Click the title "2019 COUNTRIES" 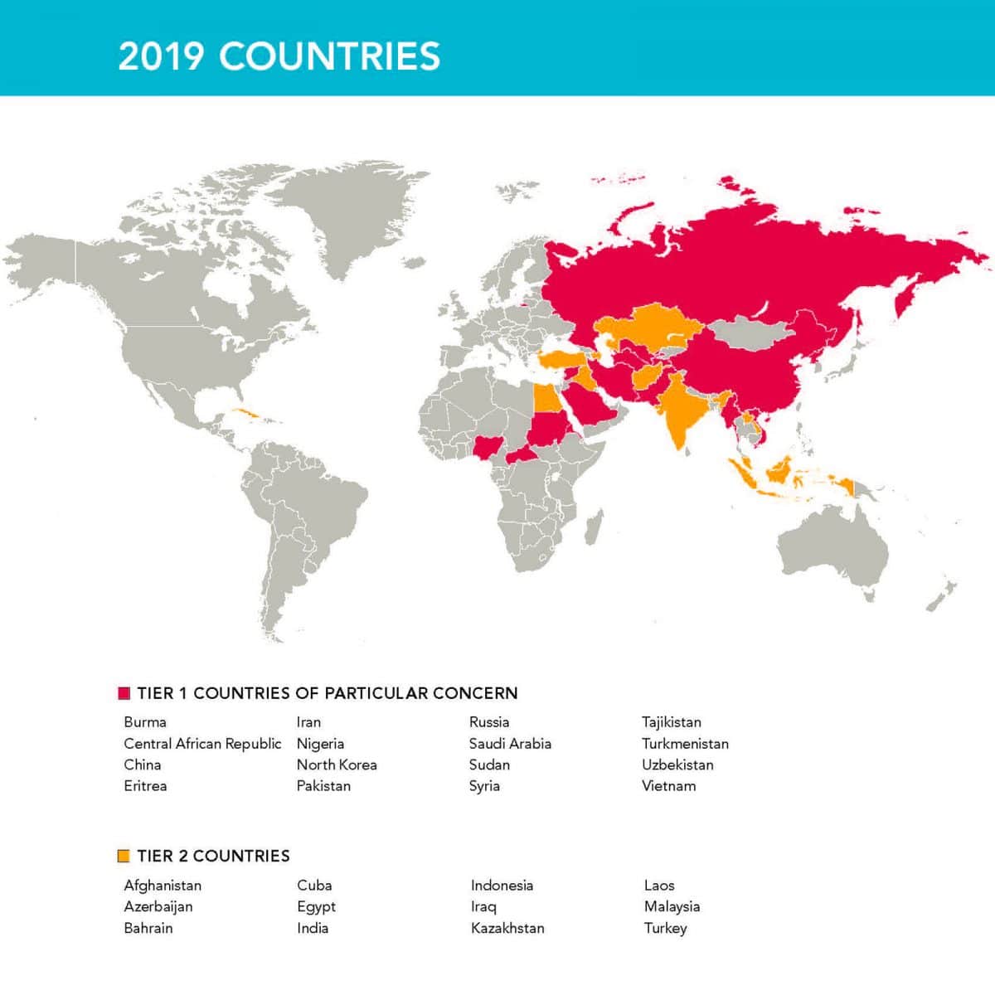279,56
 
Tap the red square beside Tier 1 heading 124,693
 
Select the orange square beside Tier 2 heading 124,856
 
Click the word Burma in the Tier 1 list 145,722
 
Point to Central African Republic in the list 202,744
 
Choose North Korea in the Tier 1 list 337,765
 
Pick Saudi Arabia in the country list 510,744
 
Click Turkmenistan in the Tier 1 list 685,744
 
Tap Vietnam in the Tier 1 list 668,786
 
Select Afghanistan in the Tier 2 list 163,886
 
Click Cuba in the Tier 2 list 314,886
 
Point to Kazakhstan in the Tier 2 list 507,928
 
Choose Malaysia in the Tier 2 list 672,906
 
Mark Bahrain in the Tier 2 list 148,928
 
